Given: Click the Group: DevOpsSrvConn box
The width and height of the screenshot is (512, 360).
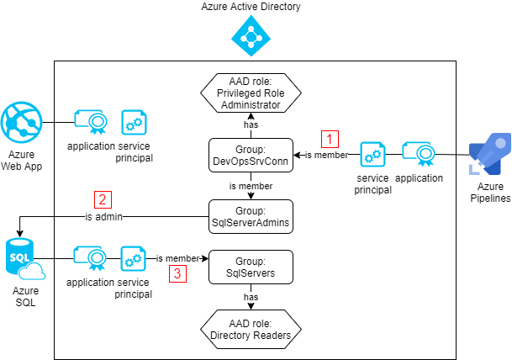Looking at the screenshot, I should point(251,155).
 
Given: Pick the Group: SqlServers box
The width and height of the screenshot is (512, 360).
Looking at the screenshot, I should point(251,267).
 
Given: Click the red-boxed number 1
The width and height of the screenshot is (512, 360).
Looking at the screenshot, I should point(330,140).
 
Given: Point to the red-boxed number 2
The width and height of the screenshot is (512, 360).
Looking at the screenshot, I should point(103,199).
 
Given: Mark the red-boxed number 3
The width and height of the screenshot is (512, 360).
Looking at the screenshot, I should point(177,273).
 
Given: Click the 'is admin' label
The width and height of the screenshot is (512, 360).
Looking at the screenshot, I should point(103,216).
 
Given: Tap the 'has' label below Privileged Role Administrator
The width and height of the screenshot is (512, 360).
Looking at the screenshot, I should point(251,124).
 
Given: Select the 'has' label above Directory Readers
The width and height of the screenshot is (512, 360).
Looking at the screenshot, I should point(251,297).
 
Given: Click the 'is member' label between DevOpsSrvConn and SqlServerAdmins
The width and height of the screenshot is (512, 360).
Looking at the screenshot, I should point(251,186).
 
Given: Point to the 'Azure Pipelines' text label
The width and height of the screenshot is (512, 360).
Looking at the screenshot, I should point(489,193).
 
